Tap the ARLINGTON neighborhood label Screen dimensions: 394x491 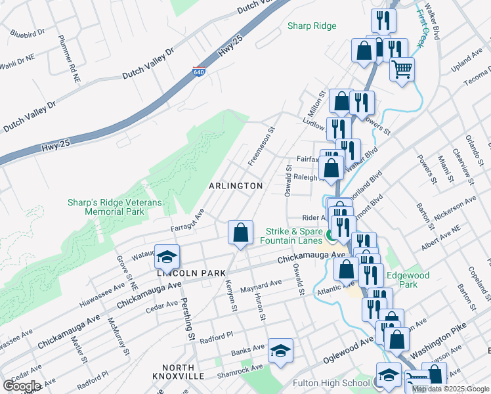(x=236, y=186)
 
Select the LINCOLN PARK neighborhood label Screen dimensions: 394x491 (x=190, y=273)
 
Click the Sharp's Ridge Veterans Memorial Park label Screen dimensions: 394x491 (x=114, y=208)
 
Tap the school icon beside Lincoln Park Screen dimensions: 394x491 (x=167, y=255)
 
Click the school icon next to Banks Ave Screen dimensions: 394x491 (x=280, y=351)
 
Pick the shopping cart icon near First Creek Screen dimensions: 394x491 (x=402, y=68)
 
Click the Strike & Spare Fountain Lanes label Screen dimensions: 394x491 (x=293, y=236)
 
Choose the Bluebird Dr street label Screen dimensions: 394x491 (x=28, y=32)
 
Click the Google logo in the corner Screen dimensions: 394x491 (x=22, y=385)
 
